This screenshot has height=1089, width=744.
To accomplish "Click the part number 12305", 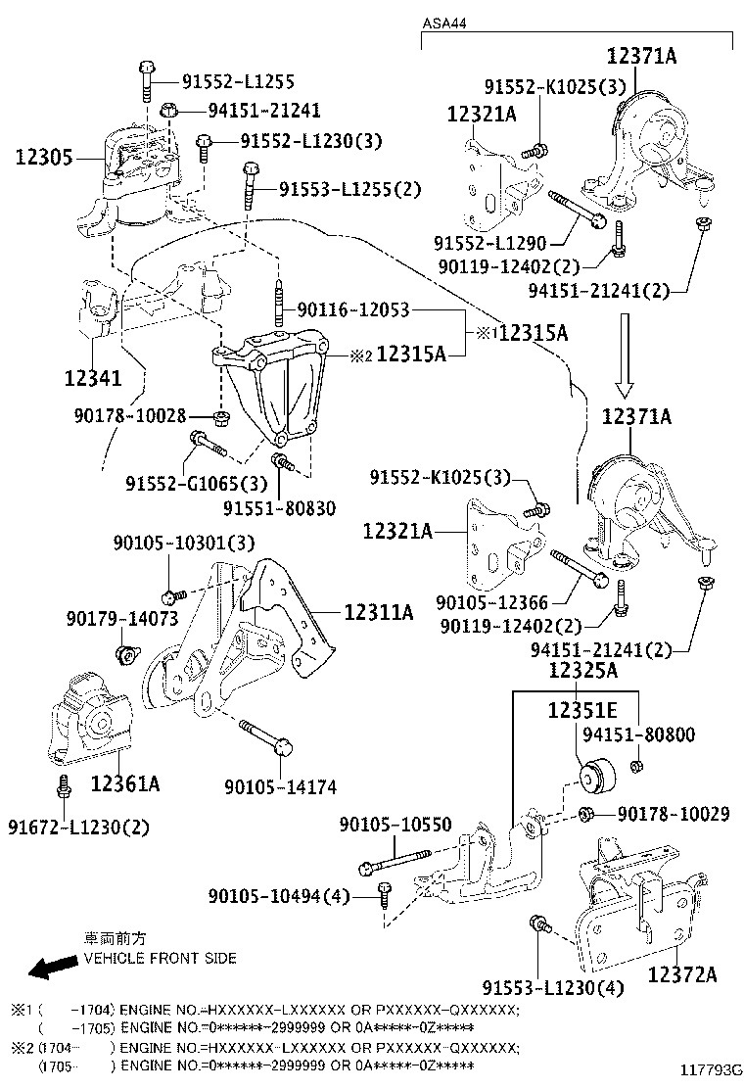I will pyautogui.click(x=44, y=156).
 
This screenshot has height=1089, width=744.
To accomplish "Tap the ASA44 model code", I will pyautogui.click(x=443, y=22).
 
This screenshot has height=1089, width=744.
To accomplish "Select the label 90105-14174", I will pyautogui.click(x=279, y=785).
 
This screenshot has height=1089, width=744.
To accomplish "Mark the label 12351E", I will pyautogui.click(x=582, y=712).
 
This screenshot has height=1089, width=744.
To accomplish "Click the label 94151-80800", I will pyautogui.click(x=637, y=734).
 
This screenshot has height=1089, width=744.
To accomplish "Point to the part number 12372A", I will pyautogui.click(x=681, y=973).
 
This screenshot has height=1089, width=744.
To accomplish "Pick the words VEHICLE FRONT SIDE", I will pyautogui.click(x=160, y=958).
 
